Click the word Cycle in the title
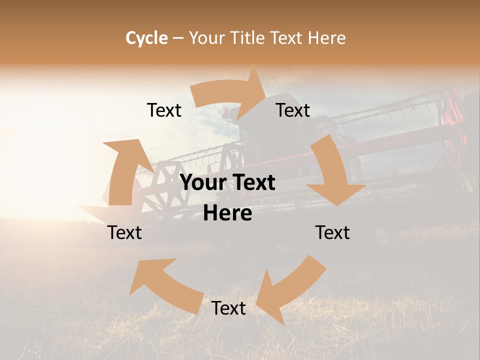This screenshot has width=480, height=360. pos(146,38)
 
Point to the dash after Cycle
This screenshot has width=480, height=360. pos(178,38)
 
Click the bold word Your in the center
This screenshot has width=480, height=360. pos(202,182)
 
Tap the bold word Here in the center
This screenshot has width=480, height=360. pos(227,213)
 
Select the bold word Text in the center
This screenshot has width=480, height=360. pos(252,182)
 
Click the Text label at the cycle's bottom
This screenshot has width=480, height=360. pos(228,308)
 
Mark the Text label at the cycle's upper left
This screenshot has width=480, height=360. pos(164,110)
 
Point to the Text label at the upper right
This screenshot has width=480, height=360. pos(293,110)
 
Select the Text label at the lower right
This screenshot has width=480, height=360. pos(332,232)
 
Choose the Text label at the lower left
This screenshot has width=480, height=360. pos(124,232)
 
